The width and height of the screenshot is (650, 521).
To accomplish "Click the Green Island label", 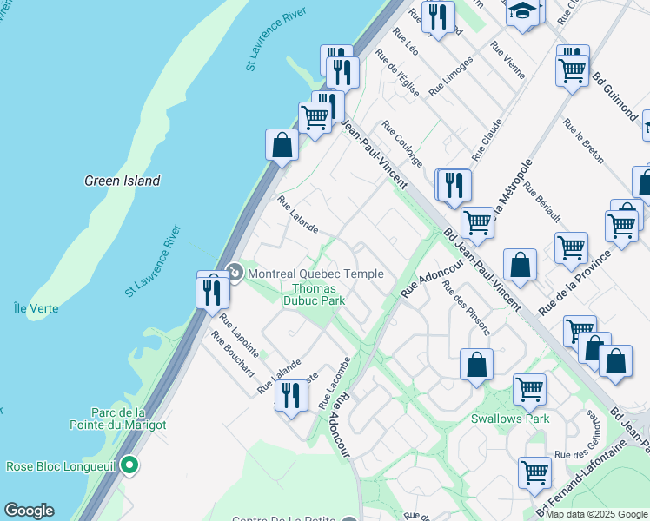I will pos(123,181).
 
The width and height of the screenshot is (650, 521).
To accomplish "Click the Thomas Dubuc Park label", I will pos(319,294).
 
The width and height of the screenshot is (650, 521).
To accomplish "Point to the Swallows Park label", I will pos(510,419).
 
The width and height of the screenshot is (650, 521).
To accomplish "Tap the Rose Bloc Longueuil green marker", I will pos(129,465).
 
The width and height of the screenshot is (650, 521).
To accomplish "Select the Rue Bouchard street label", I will pos(232,355).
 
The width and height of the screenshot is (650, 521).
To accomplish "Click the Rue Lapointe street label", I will pos(239,334).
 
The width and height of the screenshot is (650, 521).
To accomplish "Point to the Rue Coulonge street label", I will pos(401,144).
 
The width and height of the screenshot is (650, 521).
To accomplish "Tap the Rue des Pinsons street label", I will pos(466,308).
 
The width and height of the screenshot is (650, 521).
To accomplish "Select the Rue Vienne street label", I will pos(507,60).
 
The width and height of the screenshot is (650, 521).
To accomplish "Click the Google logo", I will pos(29,511).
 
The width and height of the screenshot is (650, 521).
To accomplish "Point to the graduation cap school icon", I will pos(522,13).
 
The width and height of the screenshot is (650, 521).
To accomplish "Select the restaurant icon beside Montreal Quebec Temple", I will pos(212,292).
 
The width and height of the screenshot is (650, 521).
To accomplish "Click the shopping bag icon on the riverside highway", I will pos(282,145).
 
